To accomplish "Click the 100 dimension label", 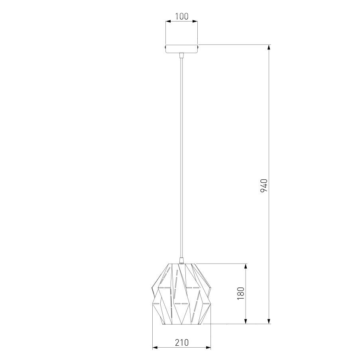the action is tap(182, 16).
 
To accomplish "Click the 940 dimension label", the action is tap(264, 185).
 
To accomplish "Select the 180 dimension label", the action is tap(241, 293).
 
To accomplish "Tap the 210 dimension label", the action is tap(182, 342).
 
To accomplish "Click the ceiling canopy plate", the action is tap(182, 49).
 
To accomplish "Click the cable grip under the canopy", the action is tap(182, 55).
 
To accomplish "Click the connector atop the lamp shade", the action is tap(182, 261).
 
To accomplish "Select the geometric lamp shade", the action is tap(181, 294).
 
